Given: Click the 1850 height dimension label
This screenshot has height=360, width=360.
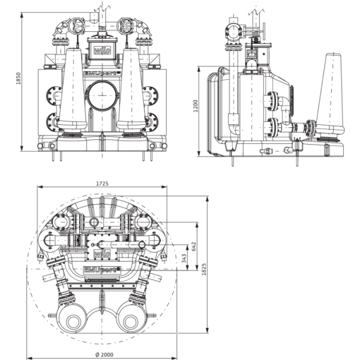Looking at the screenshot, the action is [x=19, y=79].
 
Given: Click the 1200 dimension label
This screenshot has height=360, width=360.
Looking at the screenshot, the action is [x=196, y=106].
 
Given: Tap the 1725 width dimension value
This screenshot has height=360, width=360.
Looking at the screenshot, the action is [x=102, y=184].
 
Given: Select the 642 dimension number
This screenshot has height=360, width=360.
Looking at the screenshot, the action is [x=194, y=247].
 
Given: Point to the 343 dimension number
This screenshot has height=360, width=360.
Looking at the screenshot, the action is [x=184, y=258].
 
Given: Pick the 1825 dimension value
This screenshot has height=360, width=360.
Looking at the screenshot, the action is [x=204, y=269].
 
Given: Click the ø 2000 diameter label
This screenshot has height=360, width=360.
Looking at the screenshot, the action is [x=104, y=355].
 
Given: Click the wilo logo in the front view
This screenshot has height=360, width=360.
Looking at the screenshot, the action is [x=103, y=50].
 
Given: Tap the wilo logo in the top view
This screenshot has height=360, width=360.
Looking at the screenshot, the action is [x=102, y=254].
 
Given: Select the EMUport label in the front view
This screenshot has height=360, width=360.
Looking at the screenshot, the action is [x=102, y=73].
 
